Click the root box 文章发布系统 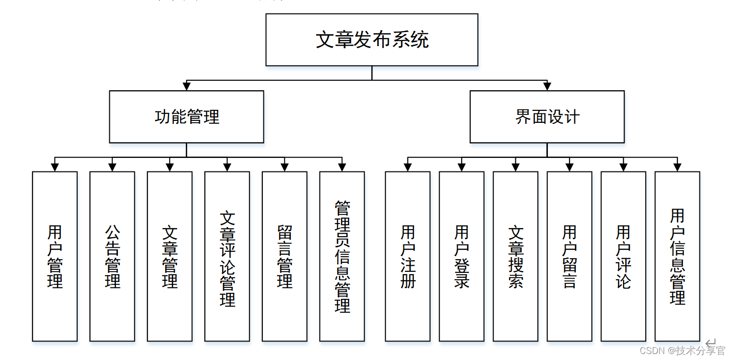pos(371,40)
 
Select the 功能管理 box pos(186,117)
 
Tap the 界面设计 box pos(547,117)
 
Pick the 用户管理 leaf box pos(55,256)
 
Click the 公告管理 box pos(112,256)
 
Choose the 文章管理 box pos(170,256)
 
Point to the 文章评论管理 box pos(227,256)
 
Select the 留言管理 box pos(284,256)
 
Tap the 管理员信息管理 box pos(342,256)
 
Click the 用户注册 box pos(407,256)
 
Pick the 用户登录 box pos(462,256)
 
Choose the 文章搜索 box pos(515,256)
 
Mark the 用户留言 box pos(569,256)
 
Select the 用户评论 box pos(623,256)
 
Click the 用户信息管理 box pos(677,256)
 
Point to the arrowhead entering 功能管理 pos(187,86)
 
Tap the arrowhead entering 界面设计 pos(547,86)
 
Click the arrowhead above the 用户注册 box pos(408,167)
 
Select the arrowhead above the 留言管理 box pos(284,167)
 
